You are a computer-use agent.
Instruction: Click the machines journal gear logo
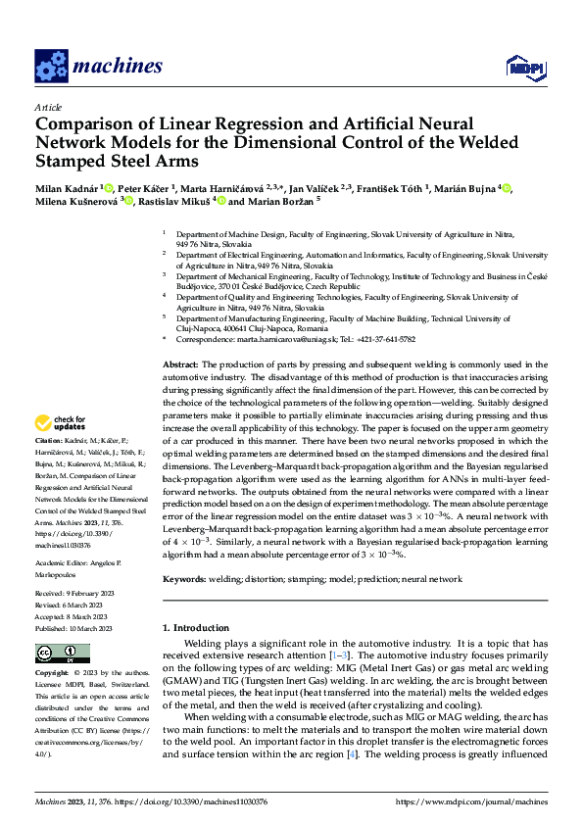50,66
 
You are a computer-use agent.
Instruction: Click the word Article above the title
48,107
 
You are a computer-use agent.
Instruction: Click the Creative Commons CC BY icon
63,653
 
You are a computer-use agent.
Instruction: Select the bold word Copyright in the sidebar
53,673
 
